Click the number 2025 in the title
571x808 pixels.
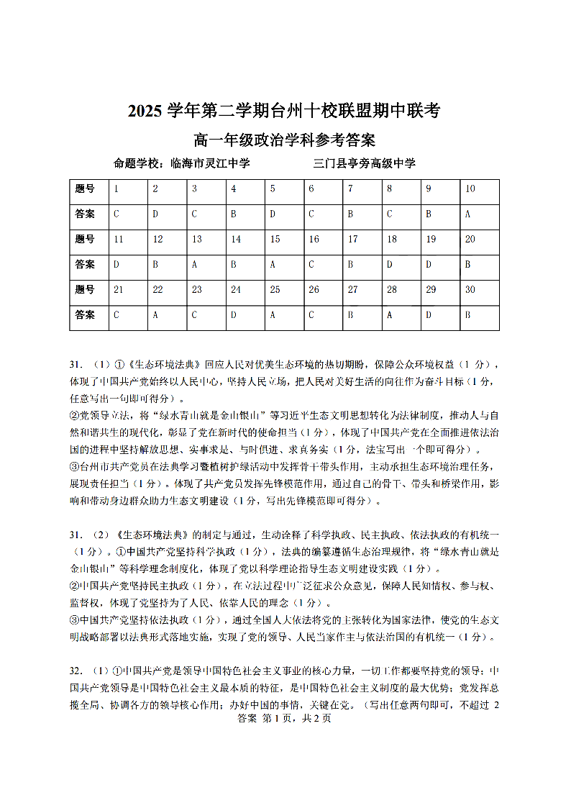pyautogui.click(x=146, y=112)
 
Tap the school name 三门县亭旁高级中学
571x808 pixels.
pyautogui.click(x=364, y=163)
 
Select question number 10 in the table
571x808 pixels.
pyautogui.click(x=470, y=189)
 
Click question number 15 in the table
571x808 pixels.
pyautogui.click(x=275, y=240)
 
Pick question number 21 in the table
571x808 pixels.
pyautogui.click(x=119, y=290)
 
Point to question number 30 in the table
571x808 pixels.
pyautogui.click(x=470, y=290)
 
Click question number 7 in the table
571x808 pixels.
pyautogui.click(x=350, y=189)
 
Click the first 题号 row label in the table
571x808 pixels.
pyautogui.click(x=85, y=189)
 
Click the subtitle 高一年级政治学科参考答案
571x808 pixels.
pyautogui.click(x=285, y=140)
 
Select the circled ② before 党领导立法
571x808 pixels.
pyautogui.click(x=73, y=416)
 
